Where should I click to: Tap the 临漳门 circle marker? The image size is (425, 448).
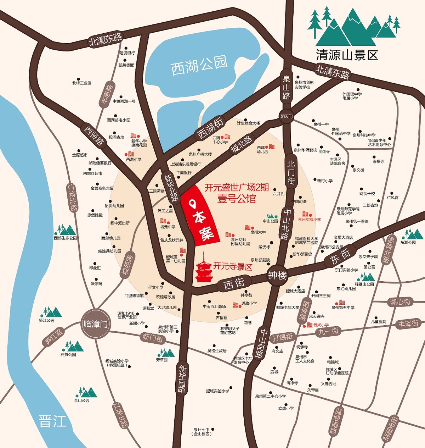point(95,324)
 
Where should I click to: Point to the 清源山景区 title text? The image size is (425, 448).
point(347,55)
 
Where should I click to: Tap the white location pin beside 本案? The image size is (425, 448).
point(193,204)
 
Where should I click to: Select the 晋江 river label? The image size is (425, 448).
point(52,422)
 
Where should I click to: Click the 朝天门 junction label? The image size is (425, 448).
point(287,116)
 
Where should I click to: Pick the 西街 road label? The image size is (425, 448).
point(234,284)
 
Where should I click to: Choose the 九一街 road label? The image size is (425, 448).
point(328,331)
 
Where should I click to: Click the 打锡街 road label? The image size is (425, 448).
point(282,337)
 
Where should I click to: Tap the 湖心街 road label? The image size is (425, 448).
point(400,302)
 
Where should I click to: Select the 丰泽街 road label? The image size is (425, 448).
point(408,324)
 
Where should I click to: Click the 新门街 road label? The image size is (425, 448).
point(153,338)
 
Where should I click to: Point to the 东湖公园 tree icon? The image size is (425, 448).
point(413,234)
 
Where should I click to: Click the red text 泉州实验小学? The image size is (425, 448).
point(310,220)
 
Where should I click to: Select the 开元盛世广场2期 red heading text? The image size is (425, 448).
point(237,188)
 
